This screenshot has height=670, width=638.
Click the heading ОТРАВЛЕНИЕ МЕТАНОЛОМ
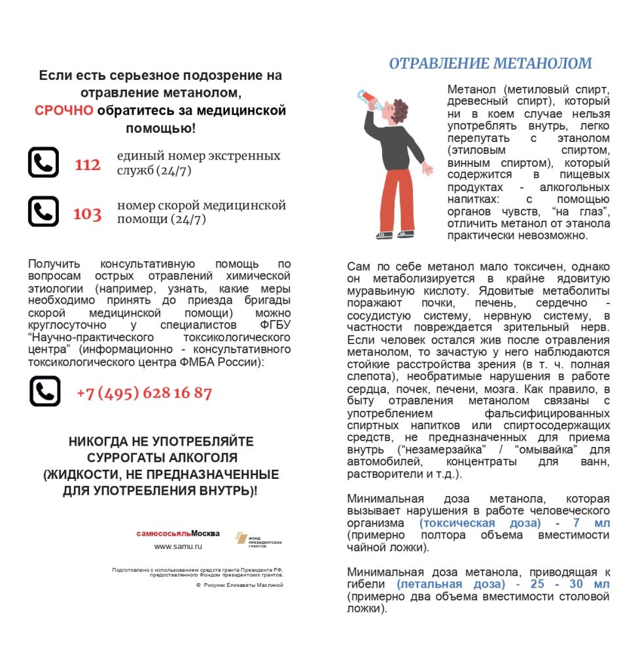(490, 63)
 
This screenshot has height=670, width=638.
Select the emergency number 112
(87, 165)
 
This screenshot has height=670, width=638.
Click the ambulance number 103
(87, 214)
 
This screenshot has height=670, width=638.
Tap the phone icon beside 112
(43, 162)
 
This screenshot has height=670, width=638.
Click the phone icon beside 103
(43, 211)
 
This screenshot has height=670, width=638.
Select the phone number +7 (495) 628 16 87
(144, 393)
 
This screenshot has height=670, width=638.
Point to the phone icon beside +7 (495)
(44, 391)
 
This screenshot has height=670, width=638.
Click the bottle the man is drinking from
(365, 98)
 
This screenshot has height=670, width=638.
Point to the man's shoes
(393, 234)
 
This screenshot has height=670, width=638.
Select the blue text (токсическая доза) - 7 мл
(514, 523)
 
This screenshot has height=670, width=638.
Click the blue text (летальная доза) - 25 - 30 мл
(503, 584)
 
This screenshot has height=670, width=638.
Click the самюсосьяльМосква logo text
(178, 533)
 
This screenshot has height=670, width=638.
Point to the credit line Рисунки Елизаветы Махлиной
(243, 585)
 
